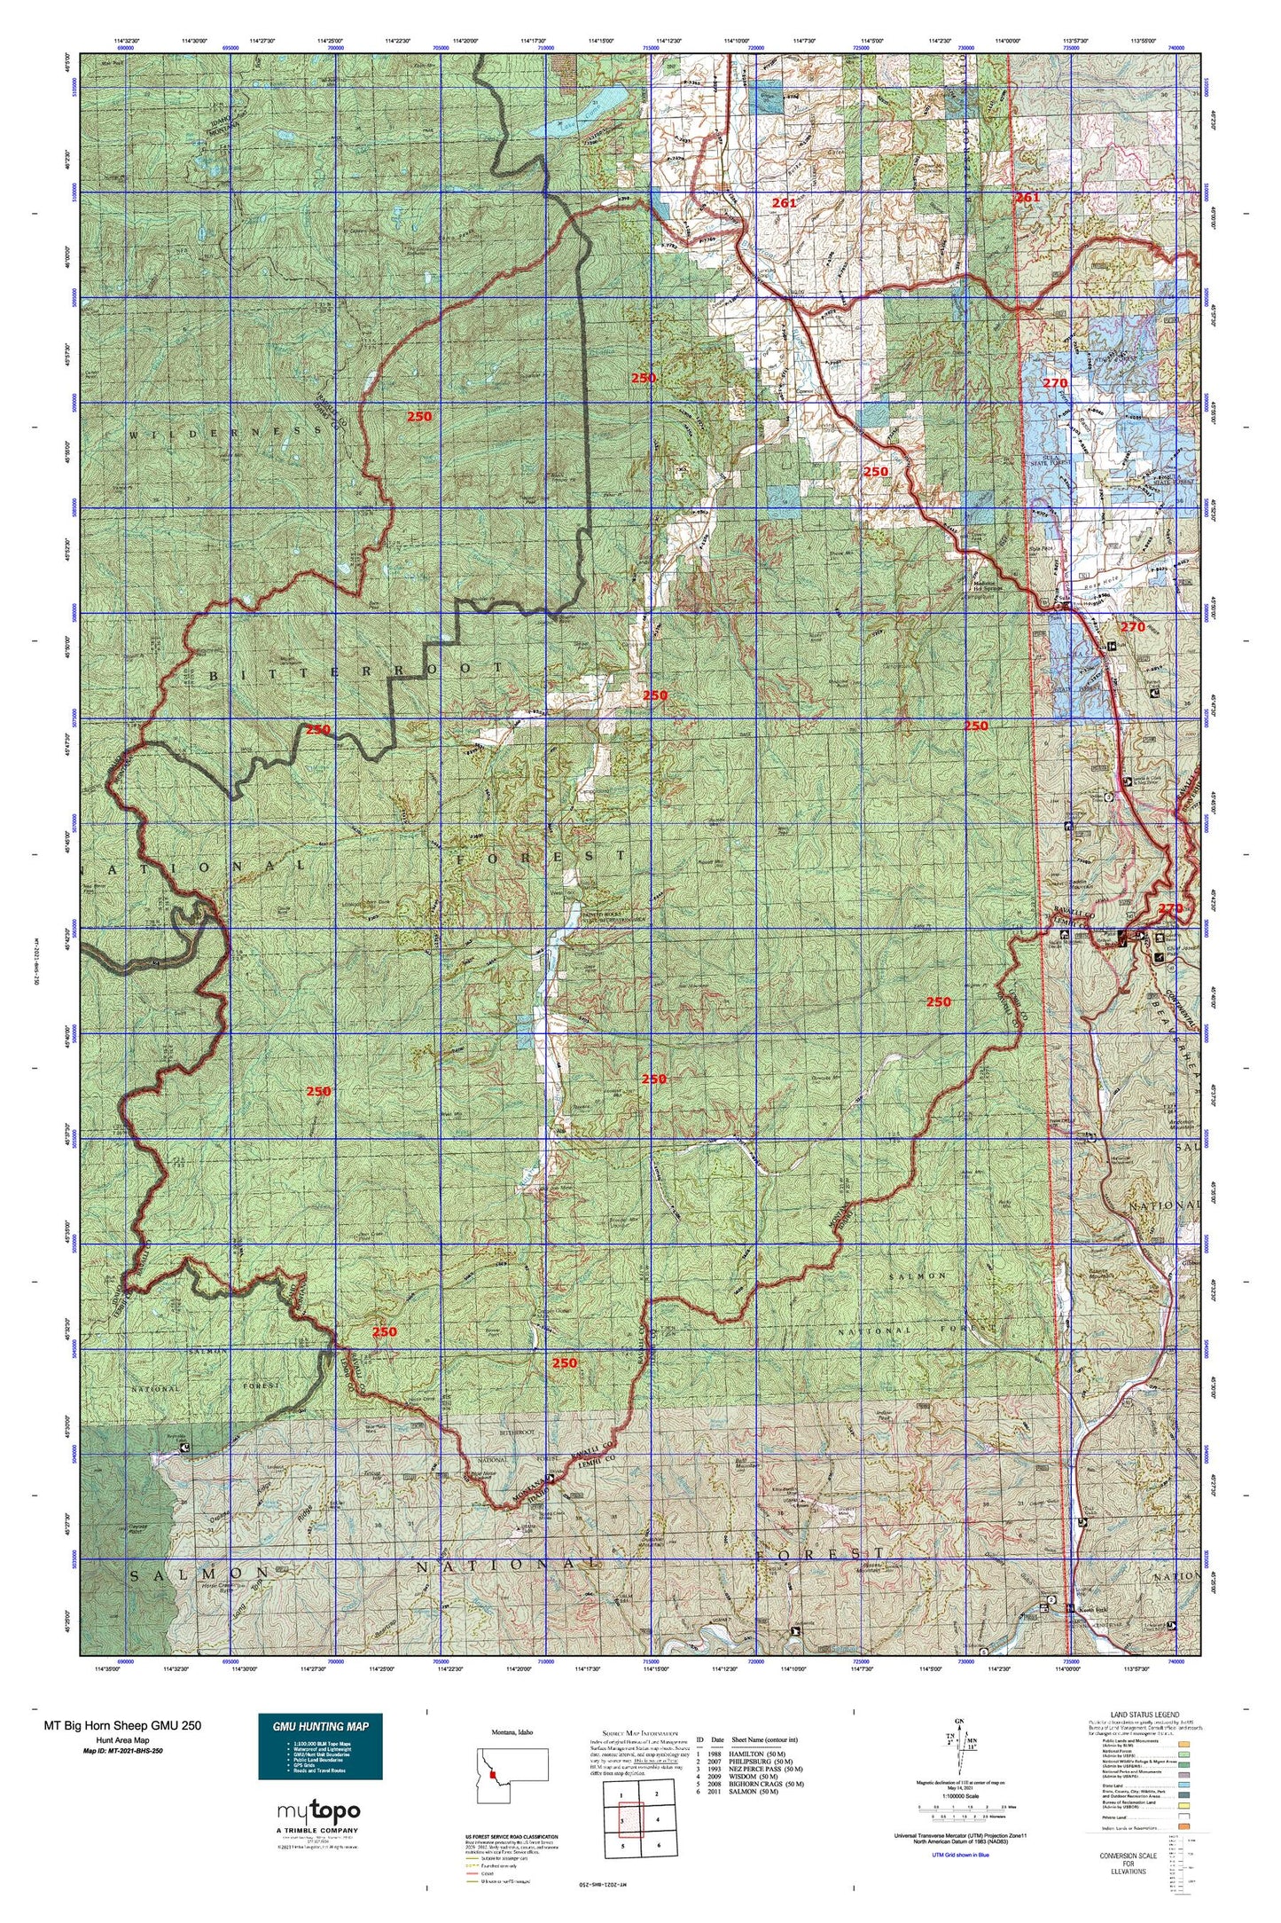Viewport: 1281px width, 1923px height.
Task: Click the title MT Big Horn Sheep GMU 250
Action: (x=122, y=1725)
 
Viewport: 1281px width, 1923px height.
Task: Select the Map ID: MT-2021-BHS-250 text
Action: (x=122, y=1751)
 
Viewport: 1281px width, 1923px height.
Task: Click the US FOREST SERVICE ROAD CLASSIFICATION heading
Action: (x=512, y=1836)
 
